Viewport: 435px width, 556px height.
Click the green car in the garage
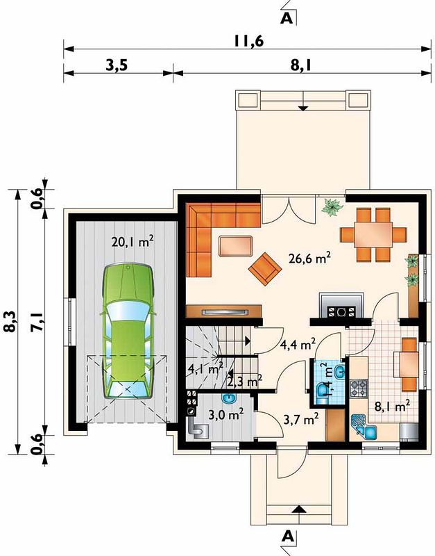tap(128, 332)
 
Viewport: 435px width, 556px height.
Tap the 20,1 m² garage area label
tap(133, 242)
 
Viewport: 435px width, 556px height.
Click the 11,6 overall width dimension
tap(248, 42)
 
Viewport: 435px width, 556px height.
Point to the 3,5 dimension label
tap(117, 65)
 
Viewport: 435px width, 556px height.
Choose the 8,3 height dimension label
tap(10, 322)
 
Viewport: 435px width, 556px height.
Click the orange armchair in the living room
tap(265, 269)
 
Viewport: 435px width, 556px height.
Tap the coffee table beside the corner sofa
tap(236, 246)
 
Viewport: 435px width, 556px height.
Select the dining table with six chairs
tap(373, 234)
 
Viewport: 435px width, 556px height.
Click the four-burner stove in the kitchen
tap(358, 389)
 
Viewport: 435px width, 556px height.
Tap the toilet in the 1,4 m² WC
tap(323, 393)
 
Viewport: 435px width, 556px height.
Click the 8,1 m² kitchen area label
tap(393, 406)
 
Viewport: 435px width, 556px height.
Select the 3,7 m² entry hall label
tap(301, 420)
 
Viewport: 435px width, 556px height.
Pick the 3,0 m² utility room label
tap(225, 414)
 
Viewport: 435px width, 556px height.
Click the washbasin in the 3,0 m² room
tap(230, 398)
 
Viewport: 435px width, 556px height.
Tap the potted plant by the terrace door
tap(332, 206)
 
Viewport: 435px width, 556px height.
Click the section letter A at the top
tap(287, 18)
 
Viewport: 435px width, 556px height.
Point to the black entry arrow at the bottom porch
tap(300, 509)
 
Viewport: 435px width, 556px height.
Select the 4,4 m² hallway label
tap(298, 344)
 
